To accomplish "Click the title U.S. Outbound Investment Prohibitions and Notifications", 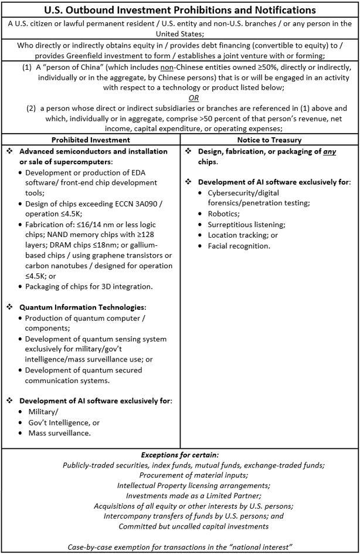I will coord(180,10).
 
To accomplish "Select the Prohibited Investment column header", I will coord(90,140).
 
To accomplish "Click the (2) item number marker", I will coord(30,108).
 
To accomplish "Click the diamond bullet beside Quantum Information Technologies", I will coord(10,307).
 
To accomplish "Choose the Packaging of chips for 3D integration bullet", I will coord(89,287).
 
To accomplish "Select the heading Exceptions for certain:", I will coord(180,455).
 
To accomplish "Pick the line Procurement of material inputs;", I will coord(180,475).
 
